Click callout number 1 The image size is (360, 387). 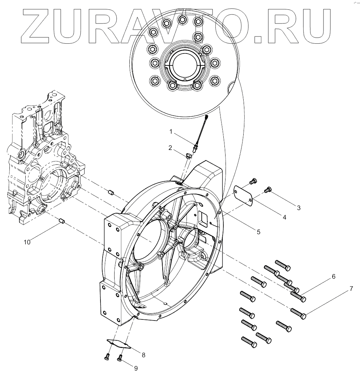point(171,132)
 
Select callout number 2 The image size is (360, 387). point(170,147)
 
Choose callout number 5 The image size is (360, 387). point(258,232)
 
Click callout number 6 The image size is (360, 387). point(333,276)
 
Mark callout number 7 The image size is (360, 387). point(350,289)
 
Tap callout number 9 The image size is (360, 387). point(136,368)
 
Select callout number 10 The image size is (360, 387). point(27,242)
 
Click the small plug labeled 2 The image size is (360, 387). point(188,156)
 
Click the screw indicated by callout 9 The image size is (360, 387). point(120,358)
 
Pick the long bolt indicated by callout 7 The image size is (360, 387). point(299,313)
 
